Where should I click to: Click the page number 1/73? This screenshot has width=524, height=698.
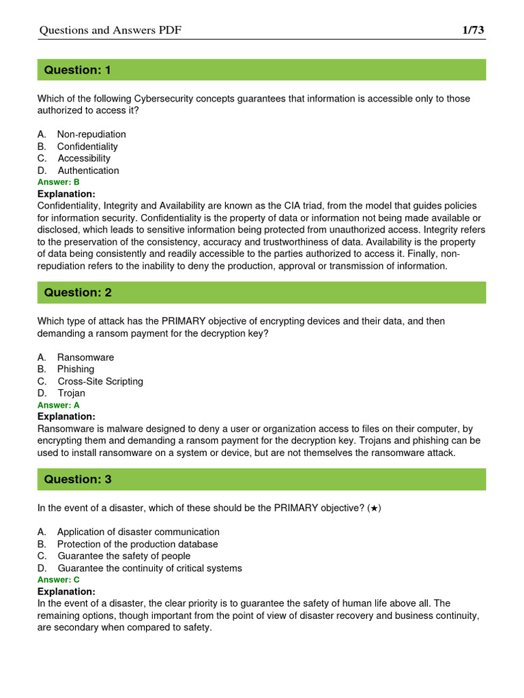point(473,30)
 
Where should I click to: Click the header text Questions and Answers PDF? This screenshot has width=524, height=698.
point(111,31)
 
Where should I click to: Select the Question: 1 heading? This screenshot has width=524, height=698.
point(77,70)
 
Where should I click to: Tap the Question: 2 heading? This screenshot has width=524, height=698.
point(78,293)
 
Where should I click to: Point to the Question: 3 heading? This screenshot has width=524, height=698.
point(78,480)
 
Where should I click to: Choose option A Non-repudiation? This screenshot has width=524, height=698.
point(91,134)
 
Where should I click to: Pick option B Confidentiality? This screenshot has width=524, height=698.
point(87,147)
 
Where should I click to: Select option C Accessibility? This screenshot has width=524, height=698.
point(83,158)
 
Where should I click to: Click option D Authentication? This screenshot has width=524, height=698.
point(88,170)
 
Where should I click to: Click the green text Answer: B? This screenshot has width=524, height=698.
point(59,182)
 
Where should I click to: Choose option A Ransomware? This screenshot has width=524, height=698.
point(85,357)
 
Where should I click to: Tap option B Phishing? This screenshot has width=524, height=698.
point(75,369)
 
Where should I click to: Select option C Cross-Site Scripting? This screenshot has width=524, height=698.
point(100,381)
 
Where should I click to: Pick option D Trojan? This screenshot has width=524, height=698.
point(71,393)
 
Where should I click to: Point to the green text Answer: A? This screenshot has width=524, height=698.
point(59,405)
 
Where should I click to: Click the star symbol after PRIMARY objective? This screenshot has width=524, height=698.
point(375,509)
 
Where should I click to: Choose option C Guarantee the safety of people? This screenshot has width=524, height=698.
point(123,556)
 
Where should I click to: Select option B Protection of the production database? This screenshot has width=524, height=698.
point(137,544)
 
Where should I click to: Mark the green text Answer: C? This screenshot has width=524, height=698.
point(59,579)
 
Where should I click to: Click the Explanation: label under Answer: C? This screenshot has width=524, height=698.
point(66,591)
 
